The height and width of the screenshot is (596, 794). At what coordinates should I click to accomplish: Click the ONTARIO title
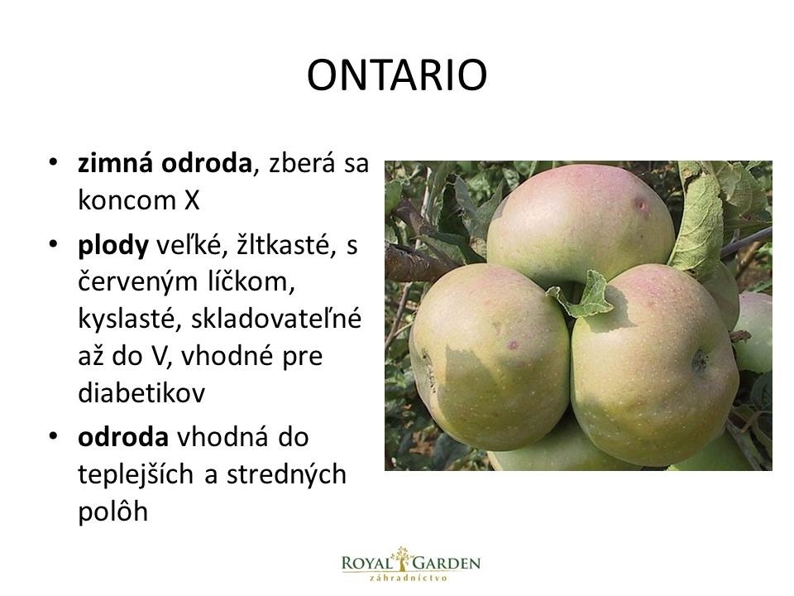tap(397, 75)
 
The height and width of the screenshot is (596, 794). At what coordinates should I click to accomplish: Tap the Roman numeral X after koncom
tap(192, 200)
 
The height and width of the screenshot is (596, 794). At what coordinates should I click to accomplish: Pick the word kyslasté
tap(129, 319)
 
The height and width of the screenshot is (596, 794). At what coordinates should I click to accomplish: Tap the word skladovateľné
tap(276, 318)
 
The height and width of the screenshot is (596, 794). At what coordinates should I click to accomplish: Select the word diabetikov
tap(141, 392)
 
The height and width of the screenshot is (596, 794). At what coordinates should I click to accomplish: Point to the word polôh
tap(113, 512)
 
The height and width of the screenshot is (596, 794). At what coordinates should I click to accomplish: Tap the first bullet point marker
tap(53, 163)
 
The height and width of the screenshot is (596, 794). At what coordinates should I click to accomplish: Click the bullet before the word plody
tap(53, 245)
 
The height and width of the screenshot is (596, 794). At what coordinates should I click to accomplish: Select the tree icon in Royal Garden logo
tap(403, 560)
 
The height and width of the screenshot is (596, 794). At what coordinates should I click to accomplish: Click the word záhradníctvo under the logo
tap(408, 579)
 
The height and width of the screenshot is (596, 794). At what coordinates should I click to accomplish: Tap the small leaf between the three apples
tap(582, 296)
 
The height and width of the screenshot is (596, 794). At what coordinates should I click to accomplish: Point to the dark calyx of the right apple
tap(700, 361)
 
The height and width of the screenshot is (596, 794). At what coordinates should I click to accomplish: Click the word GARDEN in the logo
tap(447, 563)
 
